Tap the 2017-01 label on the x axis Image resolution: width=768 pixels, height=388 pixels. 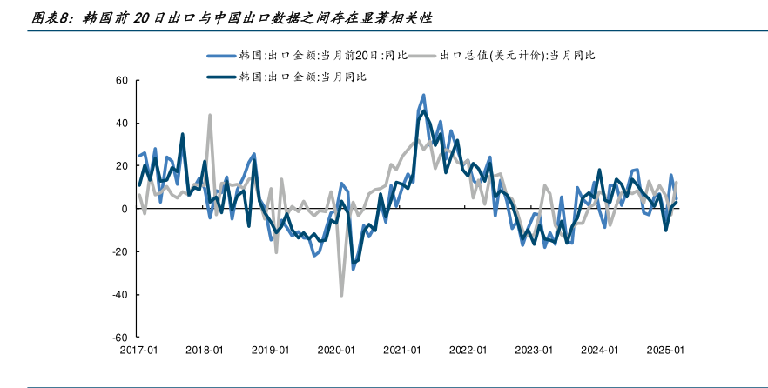click(x=138, y=350)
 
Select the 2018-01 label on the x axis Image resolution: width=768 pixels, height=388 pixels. click(x=205, y=350)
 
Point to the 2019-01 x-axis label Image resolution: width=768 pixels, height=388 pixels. click(x=270, y=350)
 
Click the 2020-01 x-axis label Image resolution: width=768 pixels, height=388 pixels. click(x=336, y=350)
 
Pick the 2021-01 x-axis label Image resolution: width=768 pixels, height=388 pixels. click(x=402, y=350)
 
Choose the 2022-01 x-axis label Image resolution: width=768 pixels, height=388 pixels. click(x=468, y=350)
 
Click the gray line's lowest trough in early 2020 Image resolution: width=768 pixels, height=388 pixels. click(x=341, y=296)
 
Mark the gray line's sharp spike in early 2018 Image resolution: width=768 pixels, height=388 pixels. click(x=210, y=115)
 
